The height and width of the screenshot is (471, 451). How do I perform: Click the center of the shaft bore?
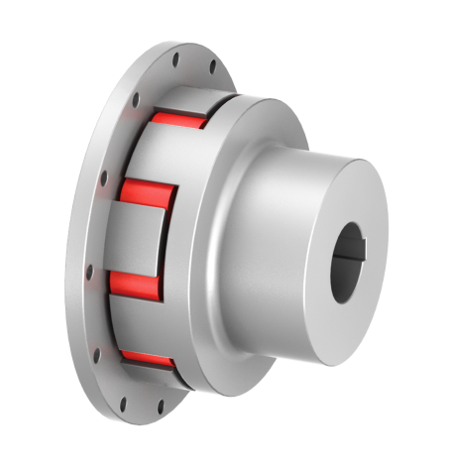(x=349, y=261)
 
